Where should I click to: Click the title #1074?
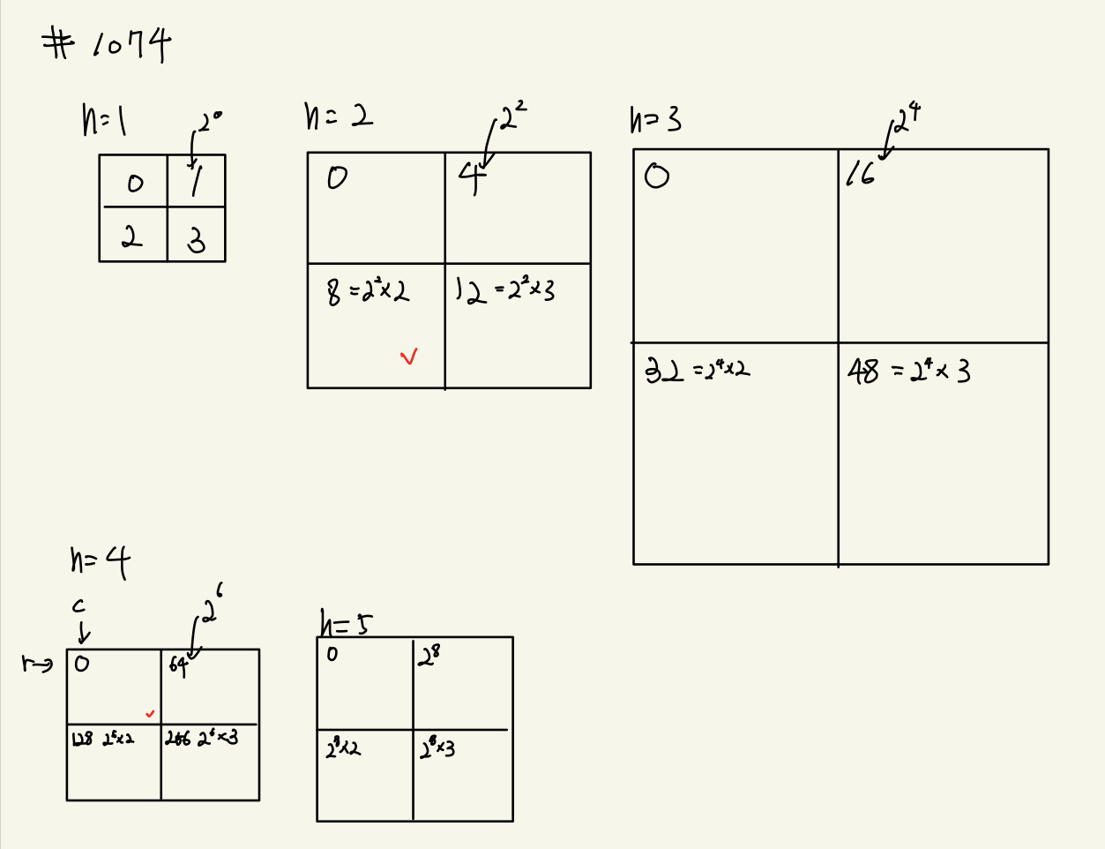point(107,44)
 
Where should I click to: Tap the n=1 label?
point(104,121)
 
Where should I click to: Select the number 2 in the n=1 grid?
point(132,237)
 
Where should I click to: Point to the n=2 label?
point(338,116)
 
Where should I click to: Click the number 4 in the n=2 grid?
point(473,178)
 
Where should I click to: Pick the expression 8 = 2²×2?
point(368,290)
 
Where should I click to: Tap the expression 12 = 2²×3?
point(504,290)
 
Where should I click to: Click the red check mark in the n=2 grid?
point(408,357)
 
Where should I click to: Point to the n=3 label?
point(655,119)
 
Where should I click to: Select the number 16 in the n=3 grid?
point(860,176)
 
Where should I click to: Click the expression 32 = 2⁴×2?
point(697,370)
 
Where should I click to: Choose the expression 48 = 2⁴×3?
point(908,371)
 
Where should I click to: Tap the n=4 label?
point(100,561)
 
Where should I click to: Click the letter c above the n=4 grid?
point(78,605)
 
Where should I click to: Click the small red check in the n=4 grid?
point(150,714)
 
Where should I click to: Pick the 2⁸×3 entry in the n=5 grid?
point(437,750)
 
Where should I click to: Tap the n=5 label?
point(346,624)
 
